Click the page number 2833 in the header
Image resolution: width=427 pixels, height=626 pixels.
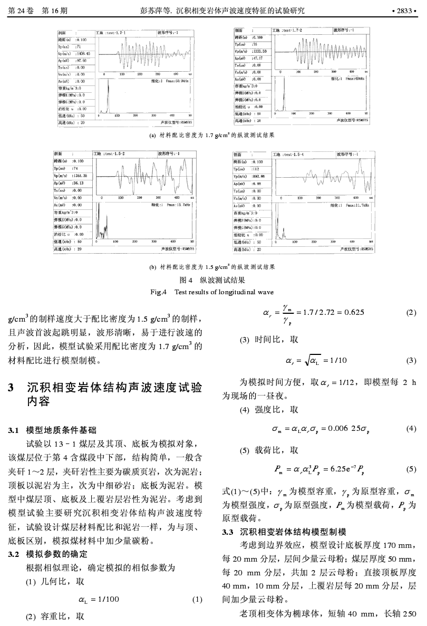pyautogui.click(x=405, y=9)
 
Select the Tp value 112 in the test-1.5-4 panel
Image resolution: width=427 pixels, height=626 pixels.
pyautogui.click(x=257, y=169)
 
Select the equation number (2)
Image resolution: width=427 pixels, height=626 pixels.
pyautogui.click(x=412, y=312)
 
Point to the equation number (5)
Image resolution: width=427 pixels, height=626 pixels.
pyautogui.click(x=412, y=468)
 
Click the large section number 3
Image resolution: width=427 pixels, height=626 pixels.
pyautogui.click(x=11, y=389)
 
